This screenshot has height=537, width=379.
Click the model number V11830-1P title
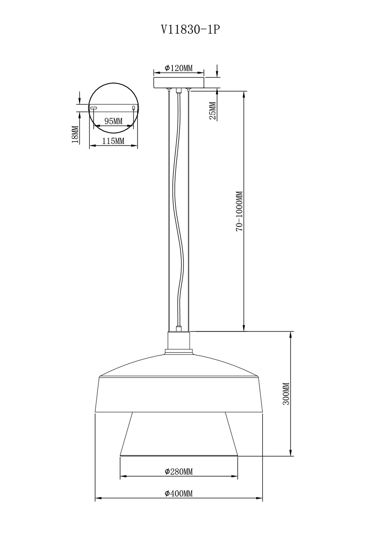tap(190, 29)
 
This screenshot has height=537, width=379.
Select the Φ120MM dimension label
tap(179, 68)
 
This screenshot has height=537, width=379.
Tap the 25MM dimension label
tap(213, 111)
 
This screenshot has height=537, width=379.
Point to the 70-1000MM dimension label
tap(239, 211)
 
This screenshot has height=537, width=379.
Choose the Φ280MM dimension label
tap(179, 472)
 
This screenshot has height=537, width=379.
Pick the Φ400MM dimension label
tap(179, 494)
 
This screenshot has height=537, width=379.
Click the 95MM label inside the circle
tap(113, 121)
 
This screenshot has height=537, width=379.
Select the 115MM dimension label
tap(113, 141)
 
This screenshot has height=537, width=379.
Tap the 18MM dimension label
tap(75, 135)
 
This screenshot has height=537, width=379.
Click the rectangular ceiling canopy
tap(179, 82)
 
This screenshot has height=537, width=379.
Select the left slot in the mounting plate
tap(94, 108)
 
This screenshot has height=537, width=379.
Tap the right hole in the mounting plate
tap(133, 108)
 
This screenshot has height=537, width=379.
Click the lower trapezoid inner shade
tap(179, 435)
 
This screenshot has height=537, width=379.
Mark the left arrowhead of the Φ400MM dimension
tap(97, 498)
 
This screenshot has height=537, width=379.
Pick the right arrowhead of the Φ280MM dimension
tap(236, 476)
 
